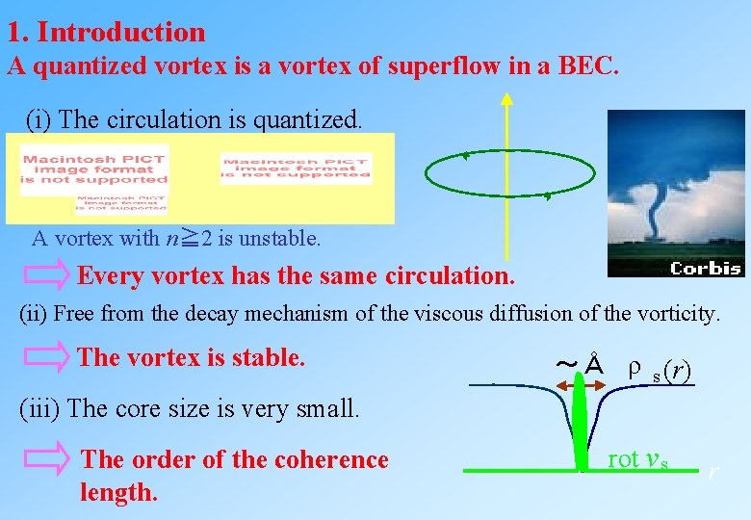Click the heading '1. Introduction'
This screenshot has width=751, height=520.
coord(106,32)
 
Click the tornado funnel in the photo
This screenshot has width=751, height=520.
coord(658,207)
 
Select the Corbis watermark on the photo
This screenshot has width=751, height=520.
coord(706,268)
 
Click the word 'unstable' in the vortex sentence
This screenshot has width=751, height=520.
coord(285,237)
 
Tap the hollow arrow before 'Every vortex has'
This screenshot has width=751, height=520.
coord(47,275)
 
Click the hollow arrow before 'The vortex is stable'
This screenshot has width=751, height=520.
coord(47,357)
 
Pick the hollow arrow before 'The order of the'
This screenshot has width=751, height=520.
coord(47,460)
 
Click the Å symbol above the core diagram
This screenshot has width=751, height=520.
coord(594,366)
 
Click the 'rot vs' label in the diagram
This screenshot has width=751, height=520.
coord(636,460)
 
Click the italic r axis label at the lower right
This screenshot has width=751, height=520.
coord(712,471)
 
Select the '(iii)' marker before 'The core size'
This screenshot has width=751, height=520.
coord(40,408)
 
